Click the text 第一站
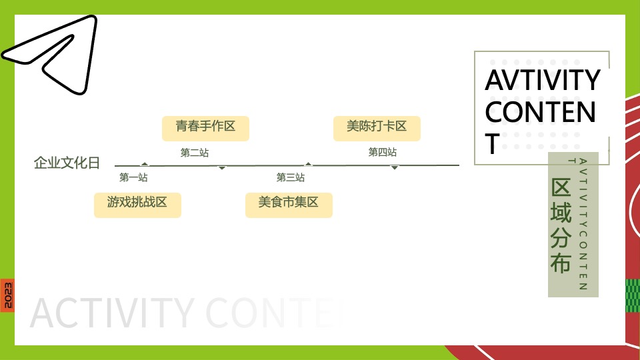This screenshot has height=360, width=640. pos(133,178)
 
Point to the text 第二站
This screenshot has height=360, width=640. pos(195,153)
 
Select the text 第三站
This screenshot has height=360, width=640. pos(291,178)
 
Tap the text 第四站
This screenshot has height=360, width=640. pos(383,153)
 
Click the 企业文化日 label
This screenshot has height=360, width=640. pos(67,163)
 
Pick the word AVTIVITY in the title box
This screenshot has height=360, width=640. pos(542,80)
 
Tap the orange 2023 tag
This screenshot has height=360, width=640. pos(7,295)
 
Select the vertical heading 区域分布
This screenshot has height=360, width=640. pos(561,225)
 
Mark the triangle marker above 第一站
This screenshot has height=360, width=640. pos(145,163)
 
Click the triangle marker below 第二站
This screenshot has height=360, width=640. pos(222,168)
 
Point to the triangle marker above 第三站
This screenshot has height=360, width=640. pos(308,163)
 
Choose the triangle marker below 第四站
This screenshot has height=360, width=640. pos(395,168)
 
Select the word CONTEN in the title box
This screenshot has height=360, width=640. pos(540,112)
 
